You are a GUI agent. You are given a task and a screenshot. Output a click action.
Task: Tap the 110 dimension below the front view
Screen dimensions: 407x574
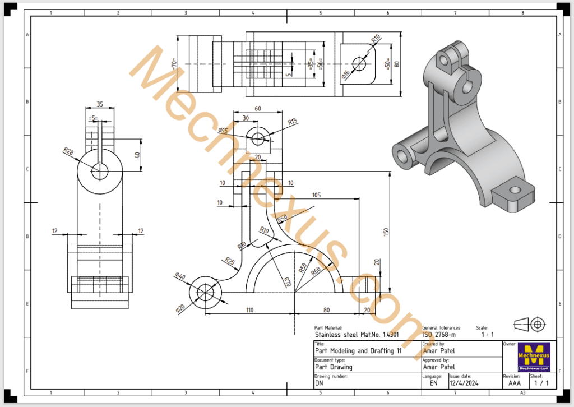pyautogui.click(x=249, y=309)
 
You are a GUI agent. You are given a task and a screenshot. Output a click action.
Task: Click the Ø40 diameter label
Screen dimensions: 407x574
pyautogui.click(x=180, y=276)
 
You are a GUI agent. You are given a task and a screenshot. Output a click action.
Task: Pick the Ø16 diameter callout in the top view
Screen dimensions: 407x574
pyautogui.click(x=345, y=73)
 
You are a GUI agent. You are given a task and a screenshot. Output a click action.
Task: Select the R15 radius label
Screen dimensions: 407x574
pyautogui.click(x=292, y=122)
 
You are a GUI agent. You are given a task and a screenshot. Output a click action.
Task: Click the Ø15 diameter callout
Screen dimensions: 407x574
pyautogui.click(x=223, y=130)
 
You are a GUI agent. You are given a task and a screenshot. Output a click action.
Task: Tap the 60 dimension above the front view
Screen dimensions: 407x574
pyautogui.click(x=258, y=109)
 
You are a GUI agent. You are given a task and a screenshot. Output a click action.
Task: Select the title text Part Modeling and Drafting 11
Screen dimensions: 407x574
pyautogui.click(x=358, y=351)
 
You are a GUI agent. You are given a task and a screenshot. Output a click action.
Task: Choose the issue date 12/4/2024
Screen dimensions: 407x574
pyautogui.click(x=465, y=384)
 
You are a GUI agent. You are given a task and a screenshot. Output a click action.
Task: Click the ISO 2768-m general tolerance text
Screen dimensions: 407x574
pyautogui.click(x=440, y=335)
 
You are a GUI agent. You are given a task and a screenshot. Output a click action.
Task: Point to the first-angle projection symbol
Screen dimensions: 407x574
pyautogui.click(x=529, y=324)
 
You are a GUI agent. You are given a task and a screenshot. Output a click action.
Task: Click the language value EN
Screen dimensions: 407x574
pyautogui.click(x=433, y=384)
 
